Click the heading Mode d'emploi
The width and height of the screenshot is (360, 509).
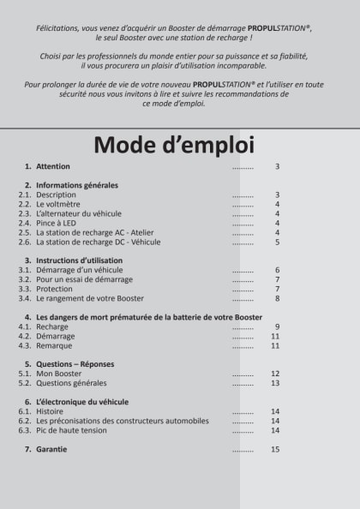pyautogui.click(x=180, y=143)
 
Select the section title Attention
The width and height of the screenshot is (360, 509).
pyautogui.click(x=53, y=166)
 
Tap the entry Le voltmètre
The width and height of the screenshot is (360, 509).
pyautogui.click(x=61, y=205)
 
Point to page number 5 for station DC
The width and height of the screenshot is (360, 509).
pyautogui.click(x=277, y=243)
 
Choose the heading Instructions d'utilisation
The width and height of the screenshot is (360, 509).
pyautogui.click(x=79, y=260)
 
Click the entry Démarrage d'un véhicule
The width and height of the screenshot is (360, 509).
pyautogui.click(x=80, y=270)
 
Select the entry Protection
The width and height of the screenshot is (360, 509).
pyautogui.click(x=55, y=289)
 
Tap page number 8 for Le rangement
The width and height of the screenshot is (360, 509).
pyautogui.click(x=277, y=299)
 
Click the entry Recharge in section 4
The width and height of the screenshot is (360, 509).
pyautogui.click(x=52, y=327)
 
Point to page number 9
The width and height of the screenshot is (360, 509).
pyautogui.click(x=277, y=327)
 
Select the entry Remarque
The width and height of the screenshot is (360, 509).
pyautogui.click(x=54, y=346)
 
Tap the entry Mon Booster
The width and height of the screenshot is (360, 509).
pyautogui.click(x=59, y=374)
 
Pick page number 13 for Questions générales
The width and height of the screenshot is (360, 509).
pyautogui.click(x=275, y=383)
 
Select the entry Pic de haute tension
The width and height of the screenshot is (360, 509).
pyautogui.click(x=71, y=430)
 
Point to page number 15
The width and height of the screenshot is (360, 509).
pyautogui.click(x=275, y=449)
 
